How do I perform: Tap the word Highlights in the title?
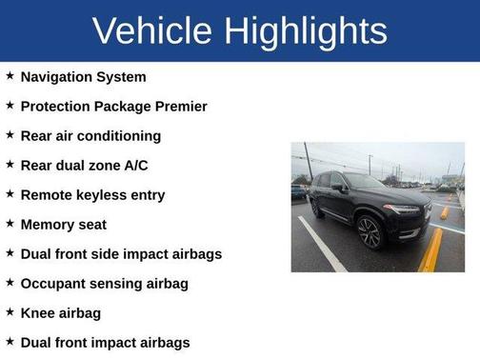tap(308, 31)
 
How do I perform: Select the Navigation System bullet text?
tap(84, 76)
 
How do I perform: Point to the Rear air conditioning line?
tap(90, 135)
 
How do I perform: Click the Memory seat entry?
tap(64, 225)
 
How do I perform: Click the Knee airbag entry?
tap(61, 313)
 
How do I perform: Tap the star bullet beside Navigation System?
tap(10, 76)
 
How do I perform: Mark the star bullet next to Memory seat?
tap(10, 224)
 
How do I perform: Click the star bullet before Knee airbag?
tap(10, 312)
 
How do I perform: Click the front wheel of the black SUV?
tap(369, 231)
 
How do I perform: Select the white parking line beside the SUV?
tap(322, 245)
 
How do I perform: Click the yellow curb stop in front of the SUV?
tap(430, 250)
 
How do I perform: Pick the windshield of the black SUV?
tap(365, 181)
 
